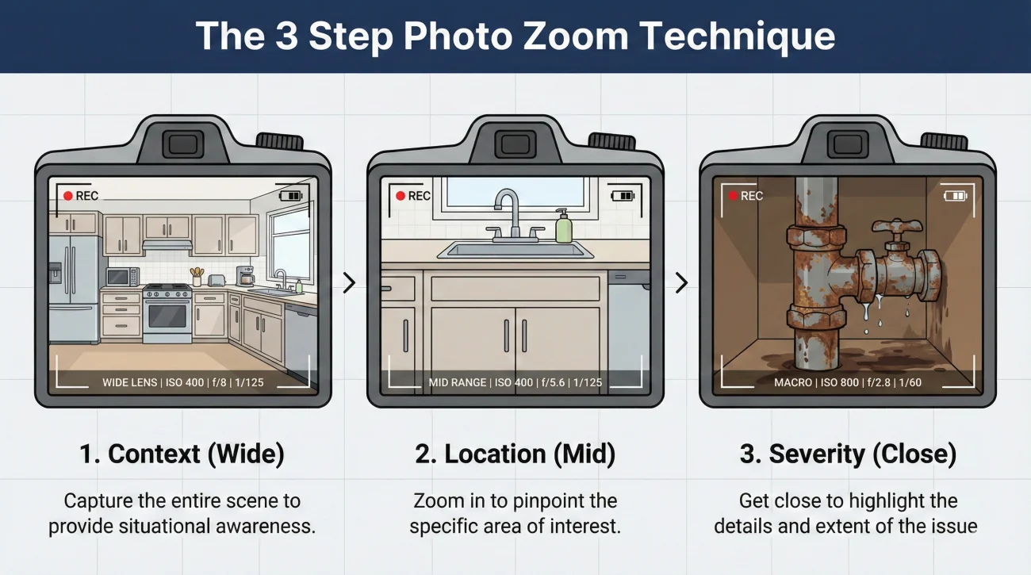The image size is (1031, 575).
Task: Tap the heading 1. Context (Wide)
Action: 182,454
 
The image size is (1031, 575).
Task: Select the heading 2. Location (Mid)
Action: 515,454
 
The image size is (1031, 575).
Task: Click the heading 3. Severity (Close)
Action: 848,454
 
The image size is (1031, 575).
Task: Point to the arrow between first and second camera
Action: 349,282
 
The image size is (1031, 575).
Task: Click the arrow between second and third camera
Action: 681,282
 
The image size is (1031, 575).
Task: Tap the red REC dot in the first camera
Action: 68,196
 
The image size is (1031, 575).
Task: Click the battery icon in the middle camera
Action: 623,195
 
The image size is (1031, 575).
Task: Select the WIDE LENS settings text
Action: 182,382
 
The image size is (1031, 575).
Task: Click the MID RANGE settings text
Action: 515,382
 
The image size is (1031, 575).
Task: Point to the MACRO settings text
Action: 848,382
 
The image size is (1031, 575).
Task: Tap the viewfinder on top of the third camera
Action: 848,144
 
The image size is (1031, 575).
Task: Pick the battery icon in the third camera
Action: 956,195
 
